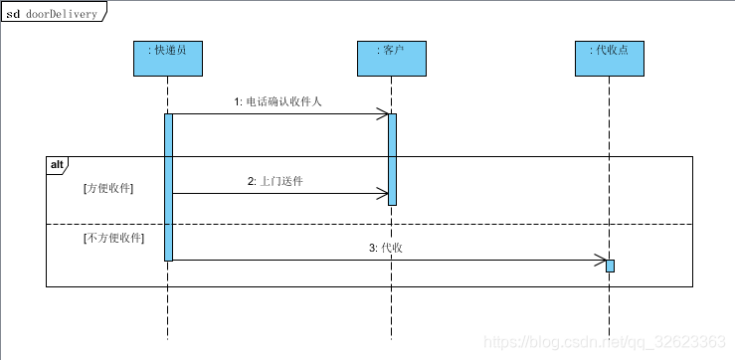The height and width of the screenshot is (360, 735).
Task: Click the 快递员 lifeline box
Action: pos(168,58)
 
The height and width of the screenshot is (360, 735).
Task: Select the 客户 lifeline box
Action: pos(392,58)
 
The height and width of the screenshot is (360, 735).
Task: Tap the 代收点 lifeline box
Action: pos(609,58)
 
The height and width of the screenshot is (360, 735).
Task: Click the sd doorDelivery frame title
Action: pos(53,13)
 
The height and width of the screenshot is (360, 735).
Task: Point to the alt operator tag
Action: pos(56,163)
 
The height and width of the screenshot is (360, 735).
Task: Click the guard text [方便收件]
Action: pos(109,187)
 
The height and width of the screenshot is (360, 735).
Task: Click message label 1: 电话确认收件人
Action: pos(277,101)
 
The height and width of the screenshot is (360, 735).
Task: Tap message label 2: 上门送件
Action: pos(276,181)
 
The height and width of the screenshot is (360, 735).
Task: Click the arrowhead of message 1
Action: pos(383,114)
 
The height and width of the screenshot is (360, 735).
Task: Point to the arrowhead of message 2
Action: pos(383,193)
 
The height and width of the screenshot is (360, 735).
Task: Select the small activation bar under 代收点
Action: pos(610,266)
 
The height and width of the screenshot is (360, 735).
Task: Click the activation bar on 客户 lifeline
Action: pos(392,159)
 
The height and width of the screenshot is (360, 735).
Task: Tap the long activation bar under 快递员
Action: pos(168,187)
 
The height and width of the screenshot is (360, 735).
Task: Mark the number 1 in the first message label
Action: pos(237,101)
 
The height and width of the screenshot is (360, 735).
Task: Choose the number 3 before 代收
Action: pos(371,248)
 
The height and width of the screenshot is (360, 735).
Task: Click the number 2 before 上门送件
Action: pos(251,181)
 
